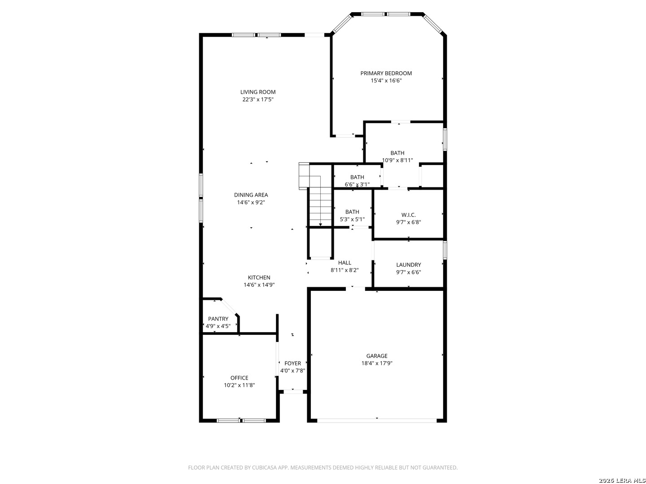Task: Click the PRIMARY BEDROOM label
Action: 386,73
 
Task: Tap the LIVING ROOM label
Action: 258,92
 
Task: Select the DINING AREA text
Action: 251,195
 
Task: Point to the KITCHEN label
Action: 259,277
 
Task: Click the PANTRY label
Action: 218,319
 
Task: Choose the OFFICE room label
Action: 239,378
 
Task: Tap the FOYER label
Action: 292,363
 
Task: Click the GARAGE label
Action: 377,356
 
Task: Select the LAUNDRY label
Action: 409,265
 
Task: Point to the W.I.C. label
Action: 409,215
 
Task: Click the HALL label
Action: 345,263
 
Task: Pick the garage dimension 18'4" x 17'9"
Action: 377,363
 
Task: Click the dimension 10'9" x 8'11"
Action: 397,160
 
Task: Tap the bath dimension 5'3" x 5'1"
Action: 352,219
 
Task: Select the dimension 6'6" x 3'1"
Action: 357,185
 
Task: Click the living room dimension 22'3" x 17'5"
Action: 258,99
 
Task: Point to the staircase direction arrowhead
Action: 320,225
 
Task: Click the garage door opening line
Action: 377,420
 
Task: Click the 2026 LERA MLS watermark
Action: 622,481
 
